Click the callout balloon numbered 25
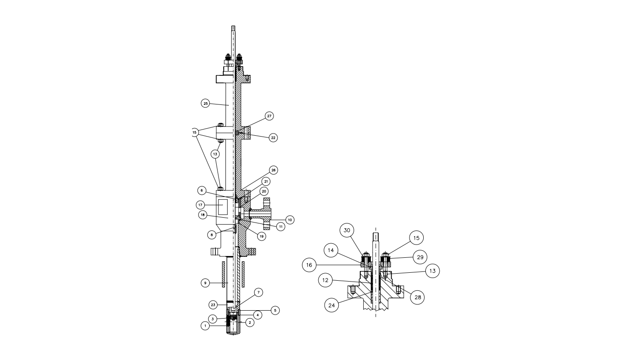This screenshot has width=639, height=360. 205,104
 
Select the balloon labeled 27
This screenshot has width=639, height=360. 269,116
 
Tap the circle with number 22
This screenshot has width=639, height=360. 273,138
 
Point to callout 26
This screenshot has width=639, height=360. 273,170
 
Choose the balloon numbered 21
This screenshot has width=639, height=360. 266,181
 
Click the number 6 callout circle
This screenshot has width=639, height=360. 202,190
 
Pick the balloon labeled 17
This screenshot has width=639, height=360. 200,205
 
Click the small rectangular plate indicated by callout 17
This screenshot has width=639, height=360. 223,207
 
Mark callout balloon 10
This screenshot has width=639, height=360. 290,220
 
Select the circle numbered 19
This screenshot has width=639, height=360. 261,236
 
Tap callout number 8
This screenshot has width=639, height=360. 212,235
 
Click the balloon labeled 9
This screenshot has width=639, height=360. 205,283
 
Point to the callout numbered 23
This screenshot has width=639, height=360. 213,305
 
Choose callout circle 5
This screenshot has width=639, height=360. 275,310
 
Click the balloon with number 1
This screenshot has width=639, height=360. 205,326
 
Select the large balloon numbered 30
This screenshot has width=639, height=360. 347,230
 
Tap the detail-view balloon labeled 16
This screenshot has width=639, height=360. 309,265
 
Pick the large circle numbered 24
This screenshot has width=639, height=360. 332,305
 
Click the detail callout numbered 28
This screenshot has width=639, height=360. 417,297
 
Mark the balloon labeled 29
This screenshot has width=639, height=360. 420,257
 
